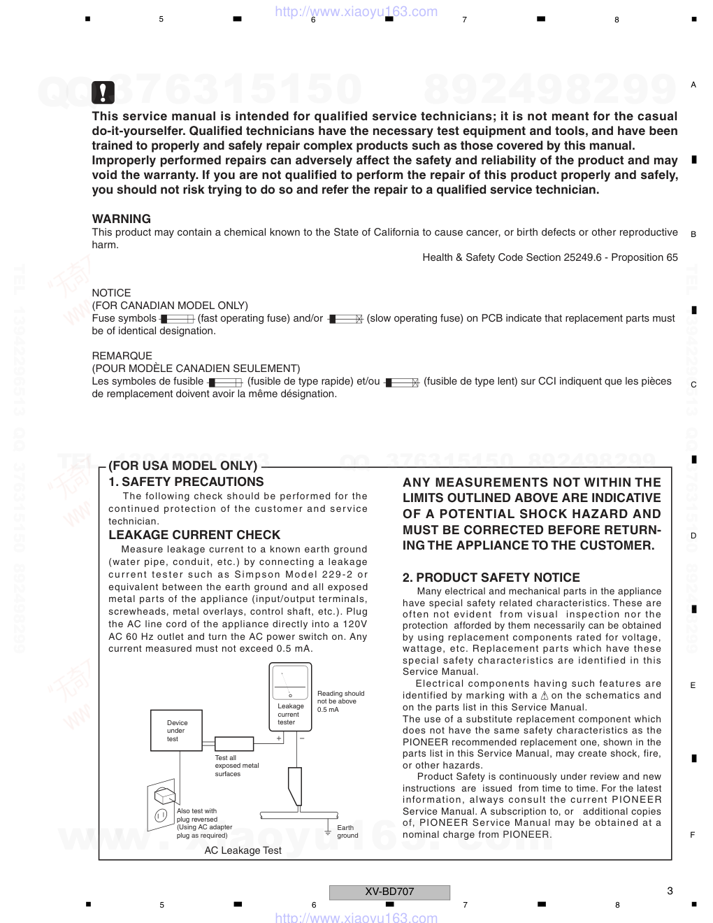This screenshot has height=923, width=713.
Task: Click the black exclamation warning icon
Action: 103,92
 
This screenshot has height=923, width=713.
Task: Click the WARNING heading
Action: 121,219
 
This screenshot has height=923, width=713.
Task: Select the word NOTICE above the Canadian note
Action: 111,293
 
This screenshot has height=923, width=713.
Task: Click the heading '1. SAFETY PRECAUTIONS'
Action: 186,482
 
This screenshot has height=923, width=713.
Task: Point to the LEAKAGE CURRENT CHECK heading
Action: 194,535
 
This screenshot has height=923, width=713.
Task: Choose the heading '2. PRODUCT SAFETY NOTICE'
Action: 491,578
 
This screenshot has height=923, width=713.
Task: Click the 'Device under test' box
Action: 178,731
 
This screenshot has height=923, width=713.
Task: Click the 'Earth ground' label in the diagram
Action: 347,831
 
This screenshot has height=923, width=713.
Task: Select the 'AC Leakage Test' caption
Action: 243,850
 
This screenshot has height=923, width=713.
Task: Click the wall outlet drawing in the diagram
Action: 161,805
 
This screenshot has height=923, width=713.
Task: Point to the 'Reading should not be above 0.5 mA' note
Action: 340,701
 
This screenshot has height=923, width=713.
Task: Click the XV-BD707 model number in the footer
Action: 389,892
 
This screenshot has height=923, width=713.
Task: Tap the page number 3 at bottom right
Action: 670,891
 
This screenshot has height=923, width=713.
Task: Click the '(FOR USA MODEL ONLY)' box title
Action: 182,466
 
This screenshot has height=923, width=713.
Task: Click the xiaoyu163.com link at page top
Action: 356,11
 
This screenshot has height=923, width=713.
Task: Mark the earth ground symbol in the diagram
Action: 327,831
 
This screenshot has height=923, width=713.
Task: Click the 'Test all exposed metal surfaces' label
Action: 236,766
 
